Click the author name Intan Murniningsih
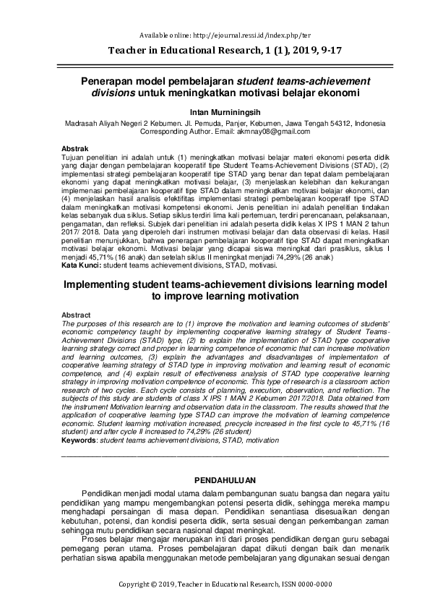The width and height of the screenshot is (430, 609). click(x=215, y=112)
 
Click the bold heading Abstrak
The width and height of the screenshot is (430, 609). click(x=75, y=148)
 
